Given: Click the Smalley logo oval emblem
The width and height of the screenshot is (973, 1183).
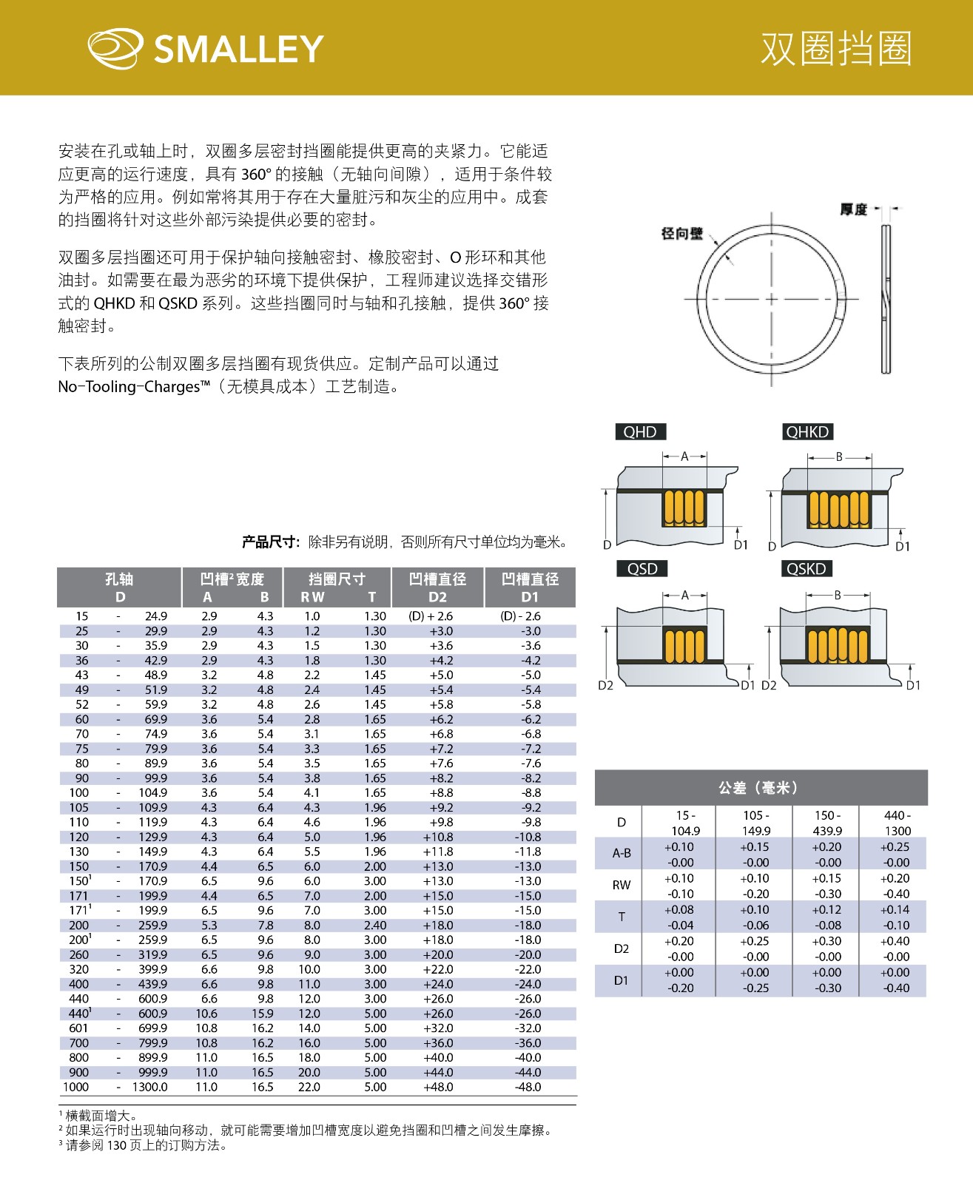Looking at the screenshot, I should (115, 49).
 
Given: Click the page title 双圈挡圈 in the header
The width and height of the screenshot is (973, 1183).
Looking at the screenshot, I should (836, 49).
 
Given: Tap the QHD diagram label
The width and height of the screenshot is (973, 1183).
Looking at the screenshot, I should (640, 432).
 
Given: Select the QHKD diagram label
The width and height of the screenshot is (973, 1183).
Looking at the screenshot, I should (807, 432).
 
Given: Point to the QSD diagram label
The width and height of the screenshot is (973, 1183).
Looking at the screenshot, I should (642, 569).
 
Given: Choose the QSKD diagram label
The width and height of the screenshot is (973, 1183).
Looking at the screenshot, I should (806, 569).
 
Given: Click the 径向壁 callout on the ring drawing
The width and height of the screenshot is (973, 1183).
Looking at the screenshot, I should (681, 234).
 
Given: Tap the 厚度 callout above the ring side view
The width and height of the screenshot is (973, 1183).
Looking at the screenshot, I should (853, 210).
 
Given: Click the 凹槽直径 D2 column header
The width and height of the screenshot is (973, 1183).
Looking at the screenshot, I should (437, 587).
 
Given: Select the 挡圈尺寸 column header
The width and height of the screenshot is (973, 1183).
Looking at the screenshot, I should (337, 587).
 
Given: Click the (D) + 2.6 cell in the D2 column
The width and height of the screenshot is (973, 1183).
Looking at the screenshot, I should (431, 616).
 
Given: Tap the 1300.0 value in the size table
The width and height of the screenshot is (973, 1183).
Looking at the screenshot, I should (149, 1088).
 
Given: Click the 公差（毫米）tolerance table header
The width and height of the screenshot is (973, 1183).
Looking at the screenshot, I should (760, 788).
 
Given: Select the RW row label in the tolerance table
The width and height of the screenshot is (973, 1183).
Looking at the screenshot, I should (622, 886).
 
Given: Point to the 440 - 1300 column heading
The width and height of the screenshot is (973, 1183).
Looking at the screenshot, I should (897, 823).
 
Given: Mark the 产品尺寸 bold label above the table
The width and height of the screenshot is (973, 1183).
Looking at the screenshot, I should (270, 542).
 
